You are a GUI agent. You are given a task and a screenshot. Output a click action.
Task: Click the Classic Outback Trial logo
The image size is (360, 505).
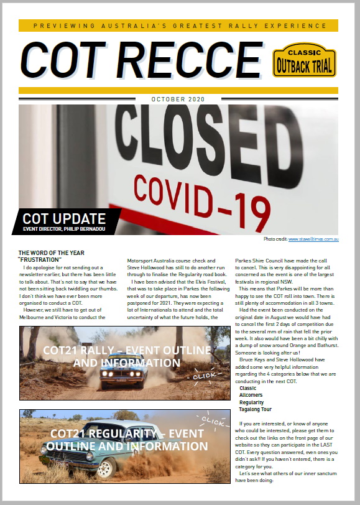[x=305, y=61]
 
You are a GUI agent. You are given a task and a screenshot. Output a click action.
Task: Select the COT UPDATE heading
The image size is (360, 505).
[x=64, y=218]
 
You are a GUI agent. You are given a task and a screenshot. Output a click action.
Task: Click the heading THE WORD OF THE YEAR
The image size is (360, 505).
[x=52, y=253]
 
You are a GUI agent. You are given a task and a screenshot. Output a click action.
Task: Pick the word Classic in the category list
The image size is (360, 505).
[x=247, y=388]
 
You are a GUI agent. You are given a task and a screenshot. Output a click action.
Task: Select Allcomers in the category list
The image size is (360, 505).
[x=251, y=396]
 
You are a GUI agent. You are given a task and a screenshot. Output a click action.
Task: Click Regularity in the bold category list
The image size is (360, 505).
[x=251, y=402]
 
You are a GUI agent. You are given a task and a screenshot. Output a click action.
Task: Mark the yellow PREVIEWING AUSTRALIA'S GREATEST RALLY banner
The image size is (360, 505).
[x=179, y=25]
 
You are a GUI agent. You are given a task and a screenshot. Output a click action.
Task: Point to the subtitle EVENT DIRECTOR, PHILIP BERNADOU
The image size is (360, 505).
[x=63, y=229]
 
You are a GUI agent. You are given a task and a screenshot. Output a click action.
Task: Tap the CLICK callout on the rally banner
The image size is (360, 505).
[x=203, y=377]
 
